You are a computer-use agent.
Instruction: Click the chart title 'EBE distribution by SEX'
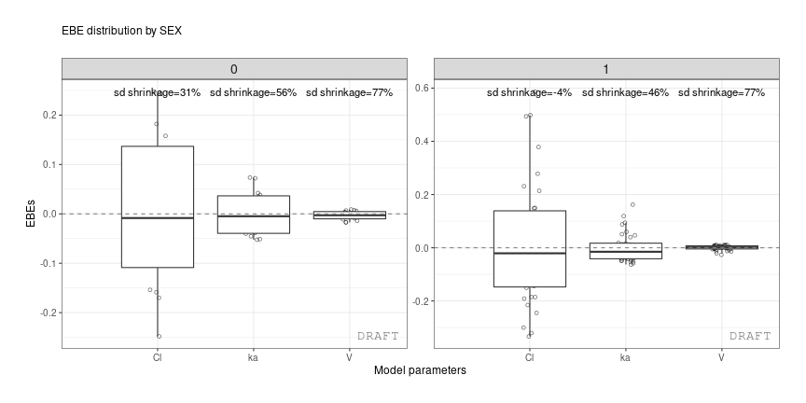pos(121,31)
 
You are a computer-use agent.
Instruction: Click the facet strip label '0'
pos(234,69)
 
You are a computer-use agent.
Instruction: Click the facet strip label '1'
pos(606,69)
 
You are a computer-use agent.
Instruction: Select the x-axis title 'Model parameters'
pos(420,370)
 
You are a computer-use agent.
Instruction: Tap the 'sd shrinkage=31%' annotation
pos(157,93)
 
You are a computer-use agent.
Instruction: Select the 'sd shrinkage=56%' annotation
pos(253,93)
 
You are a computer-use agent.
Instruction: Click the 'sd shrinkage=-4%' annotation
pos(529,93)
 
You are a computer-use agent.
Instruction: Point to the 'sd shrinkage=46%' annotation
pos(625,93)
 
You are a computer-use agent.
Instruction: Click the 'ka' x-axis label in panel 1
pos(625,357)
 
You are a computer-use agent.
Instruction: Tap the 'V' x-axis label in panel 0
pos(349,357)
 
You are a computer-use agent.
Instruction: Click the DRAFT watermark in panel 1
pos(750,336)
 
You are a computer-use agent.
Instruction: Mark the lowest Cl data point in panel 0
pos(160,336)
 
